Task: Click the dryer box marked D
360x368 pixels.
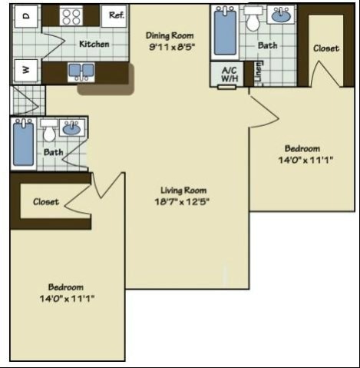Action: click(26, 16)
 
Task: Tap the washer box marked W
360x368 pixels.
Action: click(26, 70)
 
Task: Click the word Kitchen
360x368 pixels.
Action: click(94, 45)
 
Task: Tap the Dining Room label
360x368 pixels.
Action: click(170, 35)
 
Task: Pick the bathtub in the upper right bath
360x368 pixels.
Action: click(225, 30)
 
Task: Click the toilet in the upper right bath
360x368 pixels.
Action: click(253, 20)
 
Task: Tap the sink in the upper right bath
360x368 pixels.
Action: click(282, 15)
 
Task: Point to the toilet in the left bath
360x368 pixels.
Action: click(49, 132)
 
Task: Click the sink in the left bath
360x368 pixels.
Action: click(73, 128)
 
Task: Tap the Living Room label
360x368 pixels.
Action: click(183, 191)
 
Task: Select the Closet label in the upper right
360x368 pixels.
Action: click(326, 48)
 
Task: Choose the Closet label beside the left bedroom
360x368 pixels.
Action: click(46, 202)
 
